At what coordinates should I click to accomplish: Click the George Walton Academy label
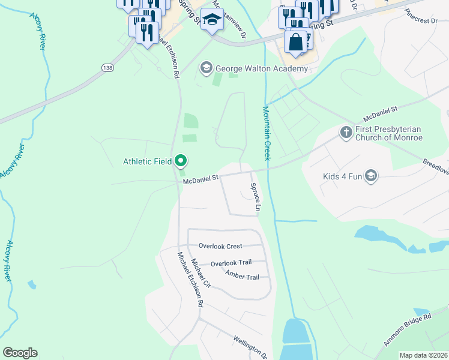tap(262, 69)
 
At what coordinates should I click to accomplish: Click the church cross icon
tap(346, 131)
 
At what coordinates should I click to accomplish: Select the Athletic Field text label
tap(148, 161)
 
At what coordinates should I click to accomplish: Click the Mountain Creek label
tap(266, 133)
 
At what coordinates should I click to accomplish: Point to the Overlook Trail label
tap(231, 263)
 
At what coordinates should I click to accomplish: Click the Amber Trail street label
tap(242, 276)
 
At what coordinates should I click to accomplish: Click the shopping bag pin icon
tap(295, 42)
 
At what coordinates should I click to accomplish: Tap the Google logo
tap(20, 353)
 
